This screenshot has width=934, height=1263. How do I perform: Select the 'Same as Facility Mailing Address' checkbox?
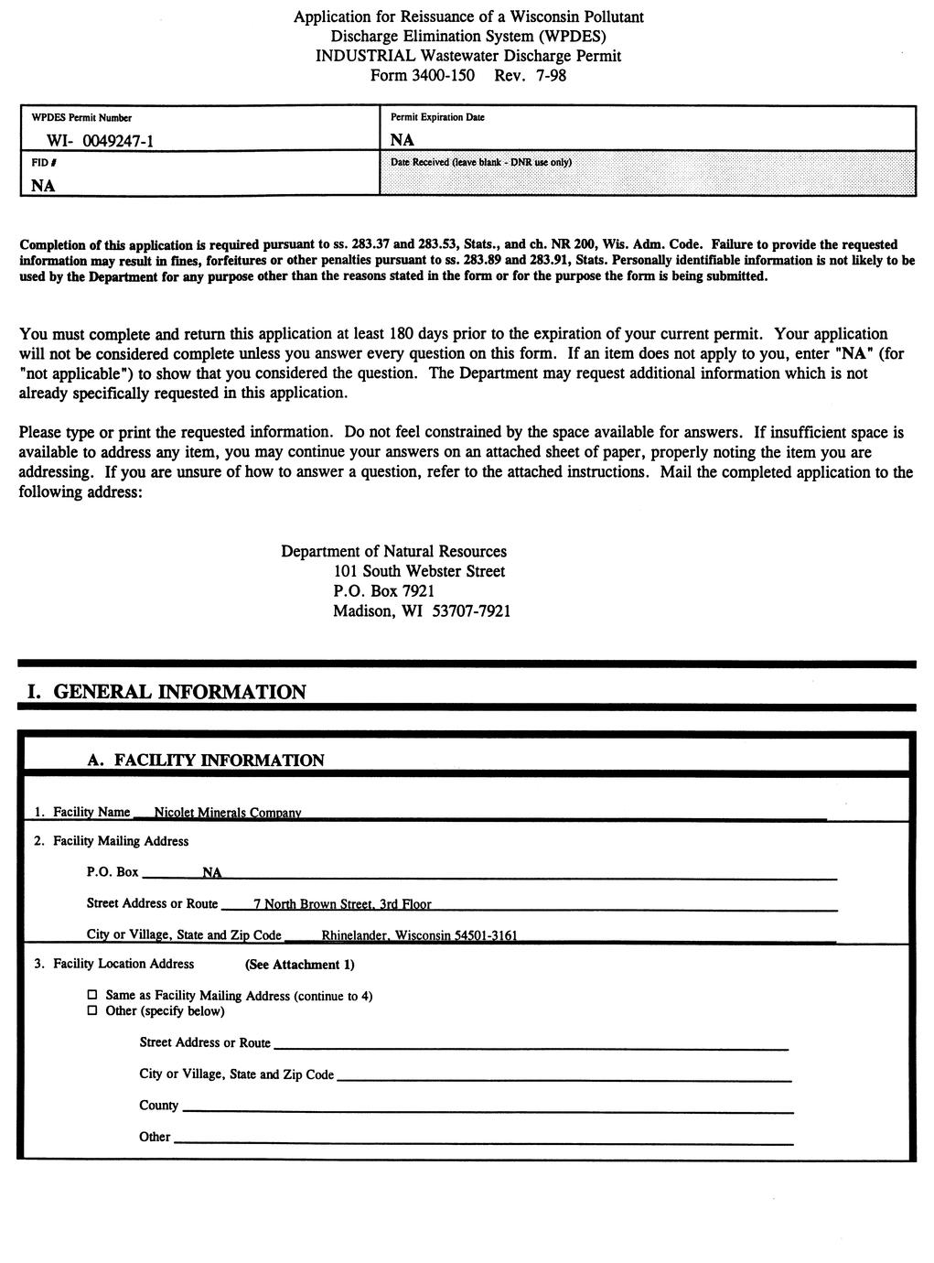91,995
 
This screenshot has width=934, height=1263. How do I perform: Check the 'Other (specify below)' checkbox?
91,1010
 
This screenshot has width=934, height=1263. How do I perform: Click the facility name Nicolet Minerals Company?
228,813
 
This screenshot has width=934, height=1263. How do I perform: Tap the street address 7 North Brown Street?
342,904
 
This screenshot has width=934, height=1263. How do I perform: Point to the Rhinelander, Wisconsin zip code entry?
419,935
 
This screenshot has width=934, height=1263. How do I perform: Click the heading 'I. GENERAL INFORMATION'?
166,692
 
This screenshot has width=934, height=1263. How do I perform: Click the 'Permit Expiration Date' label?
437,117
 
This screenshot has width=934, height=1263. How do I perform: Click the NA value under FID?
43,186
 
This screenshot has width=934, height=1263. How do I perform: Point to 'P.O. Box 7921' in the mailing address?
383,591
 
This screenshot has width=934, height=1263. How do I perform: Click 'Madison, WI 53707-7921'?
422,611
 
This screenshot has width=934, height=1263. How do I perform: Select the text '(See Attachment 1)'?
299,965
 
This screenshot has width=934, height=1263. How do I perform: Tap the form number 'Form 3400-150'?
422,75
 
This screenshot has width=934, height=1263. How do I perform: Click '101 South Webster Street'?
419,571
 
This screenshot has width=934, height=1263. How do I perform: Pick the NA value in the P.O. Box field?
211,872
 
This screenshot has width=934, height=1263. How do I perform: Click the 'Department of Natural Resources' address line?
393,551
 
